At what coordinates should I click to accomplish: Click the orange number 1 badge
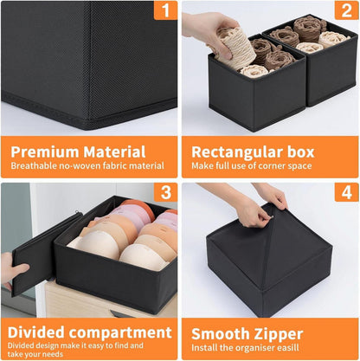click(165, 10)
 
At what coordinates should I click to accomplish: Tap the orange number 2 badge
click(346, 10)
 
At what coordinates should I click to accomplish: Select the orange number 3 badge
click(165, 192)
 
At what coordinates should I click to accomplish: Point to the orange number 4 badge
click(346, 192)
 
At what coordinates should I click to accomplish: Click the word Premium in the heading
click(45, 151)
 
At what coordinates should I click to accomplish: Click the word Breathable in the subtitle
click(34, 166)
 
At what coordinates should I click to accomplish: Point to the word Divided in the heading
click(36, 332)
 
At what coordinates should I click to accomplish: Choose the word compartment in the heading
click(120, 333)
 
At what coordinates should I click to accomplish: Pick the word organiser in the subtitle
click(254, 348)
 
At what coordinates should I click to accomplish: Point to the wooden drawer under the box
click(110, 300)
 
